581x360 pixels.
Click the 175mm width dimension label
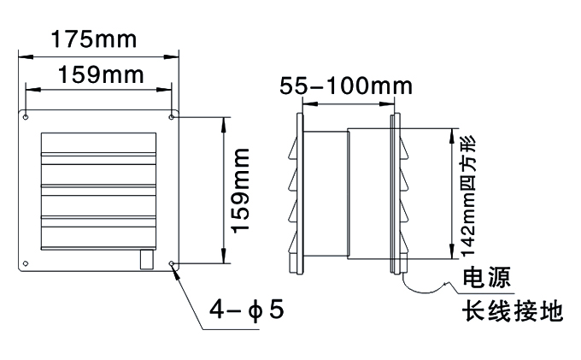tap(94, 39)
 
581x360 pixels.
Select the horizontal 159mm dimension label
tap(101, 74)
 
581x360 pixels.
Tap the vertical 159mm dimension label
tap(240, 191)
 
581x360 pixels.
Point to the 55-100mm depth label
tap(346, 86)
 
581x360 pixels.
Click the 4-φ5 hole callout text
tap(246, 310)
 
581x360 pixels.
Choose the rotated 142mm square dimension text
tap(467, 196)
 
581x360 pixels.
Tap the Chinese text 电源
tap(487, 277)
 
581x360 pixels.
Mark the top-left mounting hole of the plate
tap(26, 117)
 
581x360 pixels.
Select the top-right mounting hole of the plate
tap(171, 117)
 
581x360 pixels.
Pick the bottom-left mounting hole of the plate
tap(26, 263)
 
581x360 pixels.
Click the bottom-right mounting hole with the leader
tap(171, 263)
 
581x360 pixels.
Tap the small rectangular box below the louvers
tap(147, 259)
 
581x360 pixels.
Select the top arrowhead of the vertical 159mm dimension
tap(223, 125)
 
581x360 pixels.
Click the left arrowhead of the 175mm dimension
tap(26, 57)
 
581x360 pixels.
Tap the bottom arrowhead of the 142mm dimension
tap(452, 251)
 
